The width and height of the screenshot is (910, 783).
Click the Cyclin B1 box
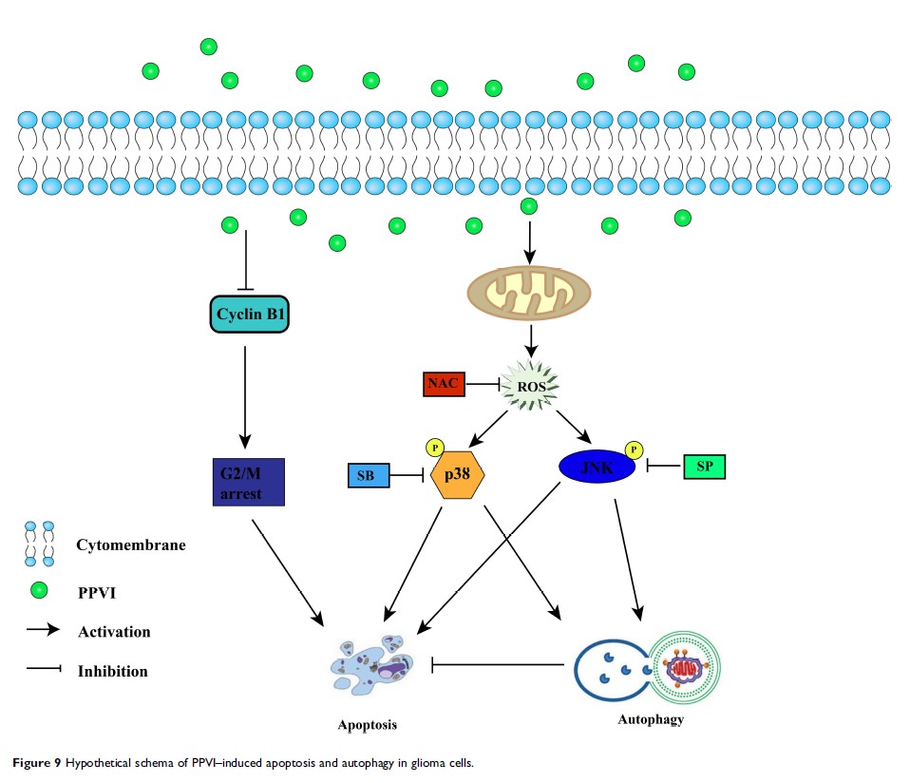(x=248, y=315)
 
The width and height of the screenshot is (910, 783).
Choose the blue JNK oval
(x=597, y=466)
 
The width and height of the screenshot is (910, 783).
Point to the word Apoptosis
(x=367, y=725)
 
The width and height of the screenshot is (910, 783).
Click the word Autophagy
(x=650, y=719)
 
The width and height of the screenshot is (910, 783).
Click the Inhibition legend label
(x=112, y=671)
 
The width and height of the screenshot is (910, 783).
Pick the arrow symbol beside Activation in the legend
(x=42, y=631)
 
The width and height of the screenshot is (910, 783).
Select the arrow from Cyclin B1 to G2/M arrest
(x=246, y=395)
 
